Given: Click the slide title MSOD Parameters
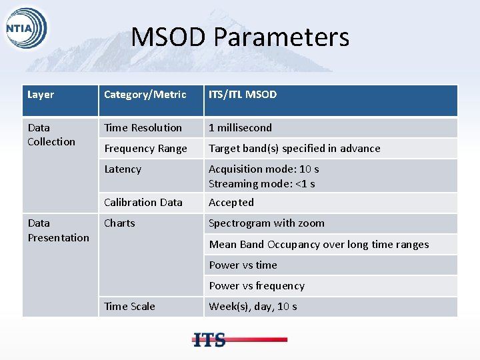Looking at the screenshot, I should pyautogui.click(x=240, y=37).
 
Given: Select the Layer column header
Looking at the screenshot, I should pyautogui.click(x=41, y=95).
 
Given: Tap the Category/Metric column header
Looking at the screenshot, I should pyautogui.click(x=145, y=95).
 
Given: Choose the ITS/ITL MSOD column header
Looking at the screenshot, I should pyautogui.click(x=243, y=95).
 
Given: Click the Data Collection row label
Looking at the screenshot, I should pyautogui.click(x=51, y=135).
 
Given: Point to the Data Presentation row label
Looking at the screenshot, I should pyautogui.click(x=58, y=230).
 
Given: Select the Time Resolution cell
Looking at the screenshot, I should pyautogui.click(x=143, y=127).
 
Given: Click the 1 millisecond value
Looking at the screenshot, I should pyautogui.click(x=240, y=127).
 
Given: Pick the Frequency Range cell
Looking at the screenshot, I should pyautogui.click(x=145, y=149).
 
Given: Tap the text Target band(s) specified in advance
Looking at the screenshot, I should pyautogui.click(x=294, y=149).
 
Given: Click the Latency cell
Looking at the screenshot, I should pyautogui.click(x=123, y=169).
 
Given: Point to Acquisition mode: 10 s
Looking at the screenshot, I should pyautogui.click(x=263, y=169).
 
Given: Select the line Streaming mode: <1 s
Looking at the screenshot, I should pyautogui.click(x=261, y=183).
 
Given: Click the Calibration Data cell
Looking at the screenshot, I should pyautogui.click(x=143, y=203).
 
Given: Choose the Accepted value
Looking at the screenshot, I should pyautogui.click(x=231, y=203).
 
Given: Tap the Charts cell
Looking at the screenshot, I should pyautogui.click(x=119, y=223).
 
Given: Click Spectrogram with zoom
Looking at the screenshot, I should pyautogui.click(x=267, y=223).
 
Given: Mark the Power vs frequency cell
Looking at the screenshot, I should pyautogui.click(x=257, y=286).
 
